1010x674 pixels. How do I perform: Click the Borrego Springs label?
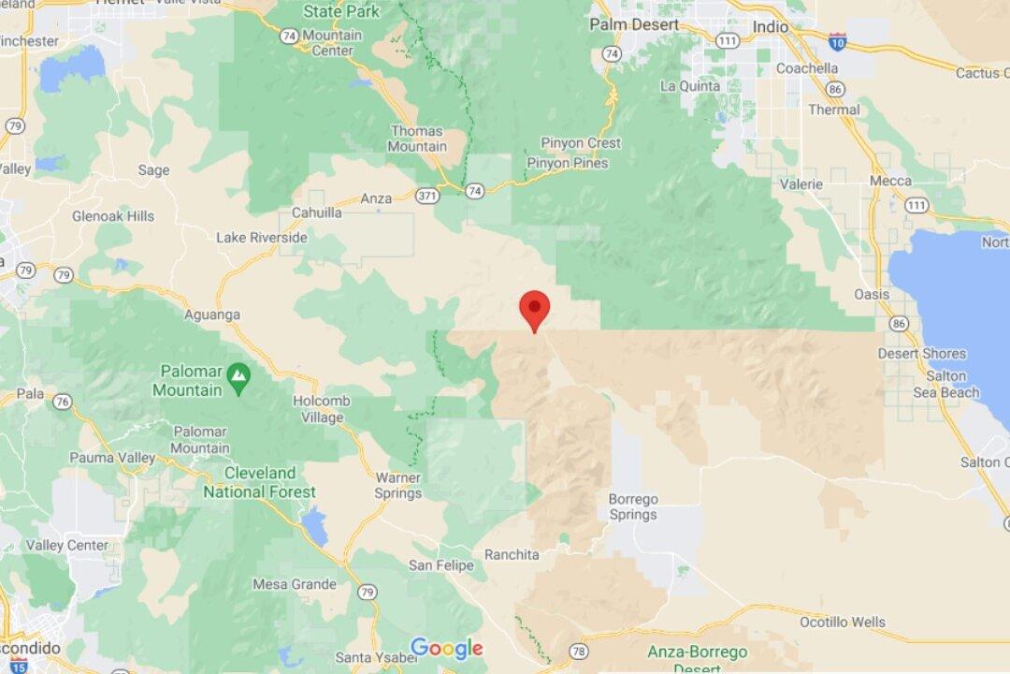633,506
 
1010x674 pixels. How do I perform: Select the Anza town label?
376,198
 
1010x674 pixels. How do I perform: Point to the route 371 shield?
427,196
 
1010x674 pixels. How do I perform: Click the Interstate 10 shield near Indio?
839,40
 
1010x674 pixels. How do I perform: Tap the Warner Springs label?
398,485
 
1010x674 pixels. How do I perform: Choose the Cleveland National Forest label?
259,482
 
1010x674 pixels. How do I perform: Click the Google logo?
446,648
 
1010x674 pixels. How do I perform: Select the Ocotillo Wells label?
855,622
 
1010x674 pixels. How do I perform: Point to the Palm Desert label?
634,24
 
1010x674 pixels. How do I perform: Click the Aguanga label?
212,315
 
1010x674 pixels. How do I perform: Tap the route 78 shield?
579,651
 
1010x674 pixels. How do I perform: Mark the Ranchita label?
512,554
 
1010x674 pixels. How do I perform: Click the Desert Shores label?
916,353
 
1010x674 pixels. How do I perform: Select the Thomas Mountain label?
418,139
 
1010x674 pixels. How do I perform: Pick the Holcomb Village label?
322,409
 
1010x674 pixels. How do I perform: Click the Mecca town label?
890,181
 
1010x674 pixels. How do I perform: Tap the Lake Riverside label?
262,238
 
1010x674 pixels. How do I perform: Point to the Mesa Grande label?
294,584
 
